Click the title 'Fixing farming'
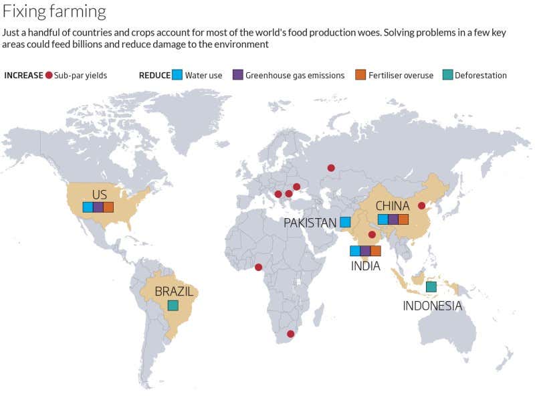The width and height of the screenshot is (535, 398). pos(54,12)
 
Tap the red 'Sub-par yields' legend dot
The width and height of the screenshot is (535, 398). pos(49,75)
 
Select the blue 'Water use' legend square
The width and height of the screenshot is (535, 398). pos(177,75)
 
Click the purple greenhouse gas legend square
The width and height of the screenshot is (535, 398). pos(237,75)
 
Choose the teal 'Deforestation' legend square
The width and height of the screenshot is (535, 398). pos(448,75)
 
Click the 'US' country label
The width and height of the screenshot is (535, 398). pos(99,195)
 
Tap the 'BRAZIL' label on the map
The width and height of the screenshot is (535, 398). pos(174,292)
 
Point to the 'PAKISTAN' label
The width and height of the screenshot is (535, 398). pos(310,223)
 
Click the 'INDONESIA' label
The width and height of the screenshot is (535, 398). pos(432,306)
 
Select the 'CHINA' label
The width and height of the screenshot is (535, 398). pos(393,206)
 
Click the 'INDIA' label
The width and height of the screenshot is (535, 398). pos(365,266)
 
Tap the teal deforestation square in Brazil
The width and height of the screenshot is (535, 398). pos(173,306)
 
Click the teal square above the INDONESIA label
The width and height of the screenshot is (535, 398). pos(431,287)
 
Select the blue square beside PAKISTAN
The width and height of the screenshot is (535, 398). pos(345,222)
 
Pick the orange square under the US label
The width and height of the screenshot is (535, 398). pos(108,207)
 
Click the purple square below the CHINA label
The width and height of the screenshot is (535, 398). pos(393,219)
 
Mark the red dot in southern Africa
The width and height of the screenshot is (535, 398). pos(290,334)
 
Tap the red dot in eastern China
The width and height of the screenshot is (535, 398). pos(421,206)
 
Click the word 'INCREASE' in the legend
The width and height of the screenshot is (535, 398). pos(23,76)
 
